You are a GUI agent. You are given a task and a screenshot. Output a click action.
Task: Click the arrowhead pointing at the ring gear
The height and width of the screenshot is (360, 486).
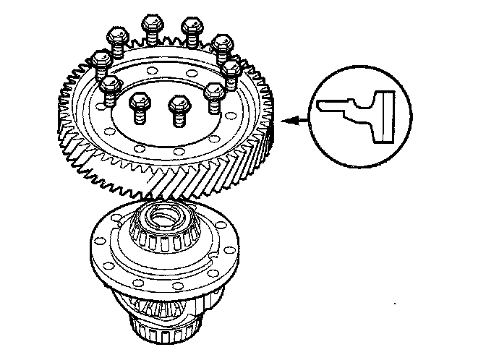click(287, 121)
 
